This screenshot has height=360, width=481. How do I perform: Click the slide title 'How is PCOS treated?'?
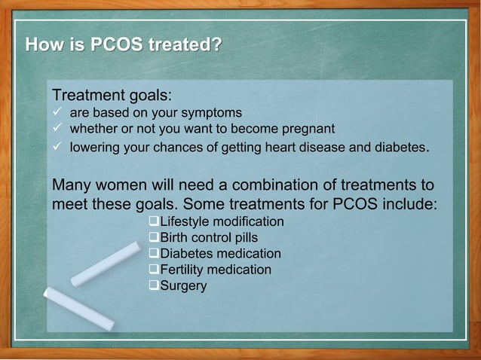click(124, 45)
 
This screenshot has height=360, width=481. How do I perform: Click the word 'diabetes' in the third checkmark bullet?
click(400, 147)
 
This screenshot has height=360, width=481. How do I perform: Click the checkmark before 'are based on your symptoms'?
click(57, 113)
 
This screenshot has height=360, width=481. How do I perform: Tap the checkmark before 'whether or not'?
click(57, 128)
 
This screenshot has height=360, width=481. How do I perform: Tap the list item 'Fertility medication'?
click(216, 270)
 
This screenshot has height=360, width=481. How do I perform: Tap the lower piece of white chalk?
click(78, 308)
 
